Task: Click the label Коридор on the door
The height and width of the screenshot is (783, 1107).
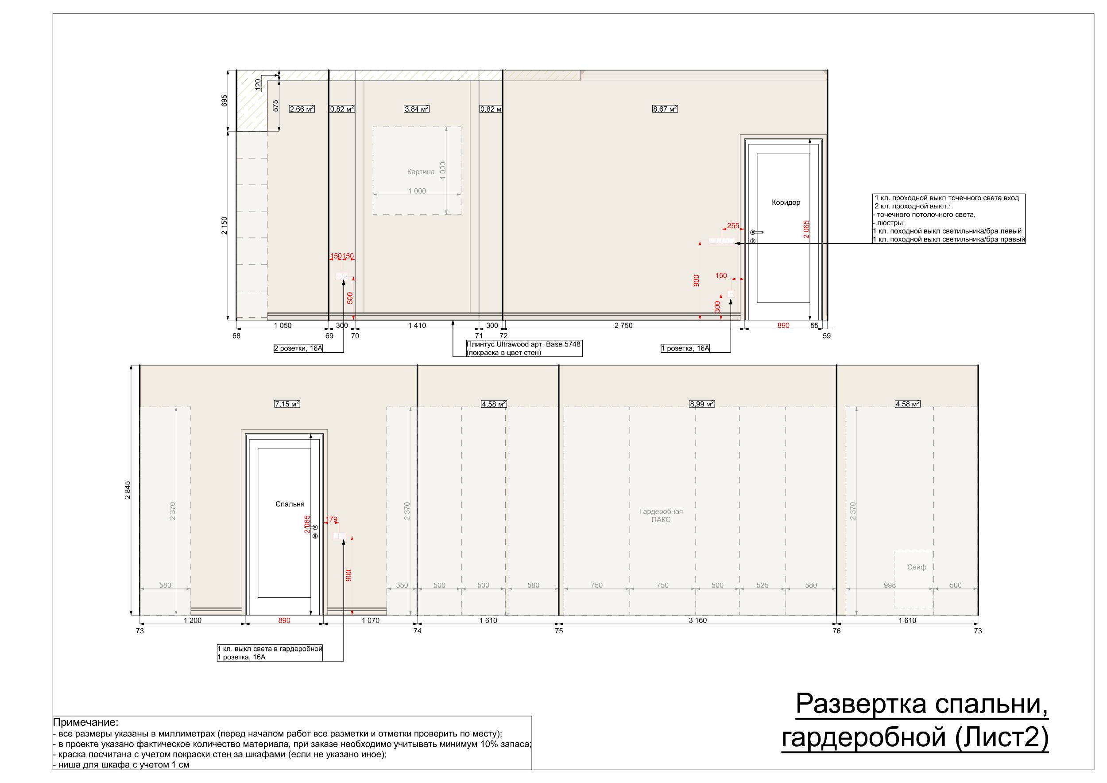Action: [x=786, y=203]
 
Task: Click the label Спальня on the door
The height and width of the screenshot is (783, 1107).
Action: [x=290, y=504]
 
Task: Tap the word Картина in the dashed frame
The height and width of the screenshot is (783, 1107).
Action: [x=420, y=172]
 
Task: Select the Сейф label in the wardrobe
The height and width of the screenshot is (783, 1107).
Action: [x=917, y=567]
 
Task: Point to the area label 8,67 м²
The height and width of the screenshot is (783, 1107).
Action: [x=665, y=109]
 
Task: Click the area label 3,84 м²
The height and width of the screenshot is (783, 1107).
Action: [x=417, y=109]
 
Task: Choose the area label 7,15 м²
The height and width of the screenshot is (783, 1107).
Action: [x=287, y=404]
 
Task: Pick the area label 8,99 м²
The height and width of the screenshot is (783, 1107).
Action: [x=701, y=404]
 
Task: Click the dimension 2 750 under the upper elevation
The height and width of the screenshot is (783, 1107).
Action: [x=623, y=326]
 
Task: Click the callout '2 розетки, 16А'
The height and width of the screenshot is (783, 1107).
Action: [x=298, y=348]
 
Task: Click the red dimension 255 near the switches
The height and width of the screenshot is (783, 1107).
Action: [x=733, y=226]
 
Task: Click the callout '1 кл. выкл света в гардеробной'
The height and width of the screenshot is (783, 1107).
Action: [x=270, y=649]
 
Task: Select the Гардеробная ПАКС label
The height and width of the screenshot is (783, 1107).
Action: [x=661, y=515]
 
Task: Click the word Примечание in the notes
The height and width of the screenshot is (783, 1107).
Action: [x=85, y=722]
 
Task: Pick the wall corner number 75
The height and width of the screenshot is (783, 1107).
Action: [x=559, y=631]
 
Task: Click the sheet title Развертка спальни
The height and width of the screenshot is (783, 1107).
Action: [x=921, y=703]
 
